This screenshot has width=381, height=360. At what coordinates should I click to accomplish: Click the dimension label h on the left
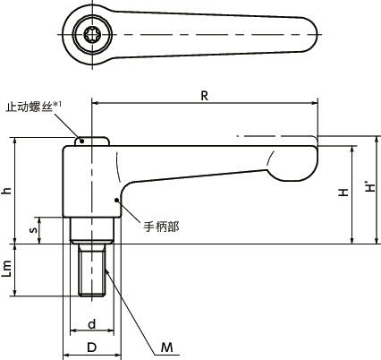[x=8, y=190]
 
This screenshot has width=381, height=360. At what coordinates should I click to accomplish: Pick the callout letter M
[x=167, y=347]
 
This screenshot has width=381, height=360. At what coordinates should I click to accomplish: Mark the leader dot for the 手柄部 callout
[x=116, y=200]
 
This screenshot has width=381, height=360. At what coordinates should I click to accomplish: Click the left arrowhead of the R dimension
[x=94, y=102]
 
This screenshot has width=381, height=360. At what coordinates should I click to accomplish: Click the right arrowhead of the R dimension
[x=315, y=102]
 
